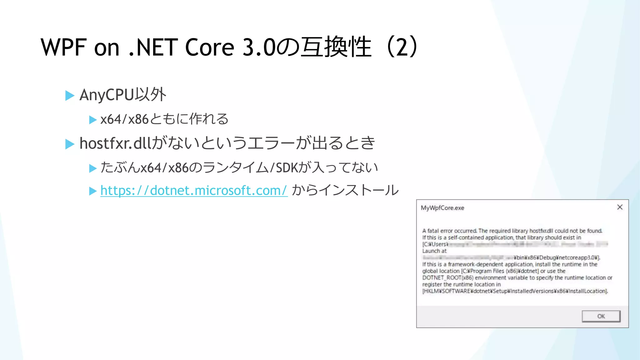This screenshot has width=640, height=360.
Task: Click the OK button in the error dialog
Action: (x=601, y=316)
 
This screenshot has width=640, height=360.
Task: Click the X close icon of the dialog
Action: (x=620, y=207)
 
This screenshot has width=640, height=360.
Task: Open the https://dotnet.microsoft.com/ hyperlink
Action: (x=194, y=190)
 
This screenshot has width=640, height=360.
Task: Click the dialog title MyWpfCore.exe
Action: (x=442, y=208)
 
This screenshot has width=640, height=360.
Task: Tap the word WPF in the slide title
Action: (x=63, y=47)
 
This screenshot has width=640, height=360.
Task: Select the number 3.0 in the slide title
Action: (x=259, y=47)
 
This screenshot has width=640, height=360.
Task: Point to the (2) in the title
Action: (x=402, y=47)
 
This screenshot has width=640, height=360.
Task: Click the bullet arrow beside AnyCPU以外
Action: (x=70, y=95)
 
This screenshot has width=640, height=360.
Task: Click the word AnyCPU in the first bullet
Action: (x=107, y=95)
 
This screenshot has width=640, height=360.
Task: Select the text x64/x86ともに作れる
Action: (x=164, y=119)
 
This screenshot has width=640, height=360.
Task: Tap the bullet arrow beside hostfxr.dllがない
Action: (x=70, y=144)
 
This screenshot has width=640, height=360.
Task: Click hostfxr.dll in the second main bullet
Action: (x=115, y=143)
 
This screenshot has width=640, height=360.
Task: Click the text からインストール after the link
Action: (x=345, y=190)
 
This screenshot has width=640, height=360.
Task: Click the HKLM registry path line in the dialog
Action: (x=515, y=291)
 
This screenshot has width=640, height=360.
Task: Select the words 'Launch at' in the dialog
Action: (x=434, y=251)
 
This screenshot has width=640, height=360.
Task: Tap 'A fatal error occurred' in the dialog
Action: (x=449, y=231)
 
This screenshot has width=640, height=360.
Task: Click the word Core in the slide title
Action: (x=209, y=47)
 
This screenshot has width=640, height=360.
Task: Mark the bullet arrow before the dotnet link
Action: (x=92, y=191)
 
